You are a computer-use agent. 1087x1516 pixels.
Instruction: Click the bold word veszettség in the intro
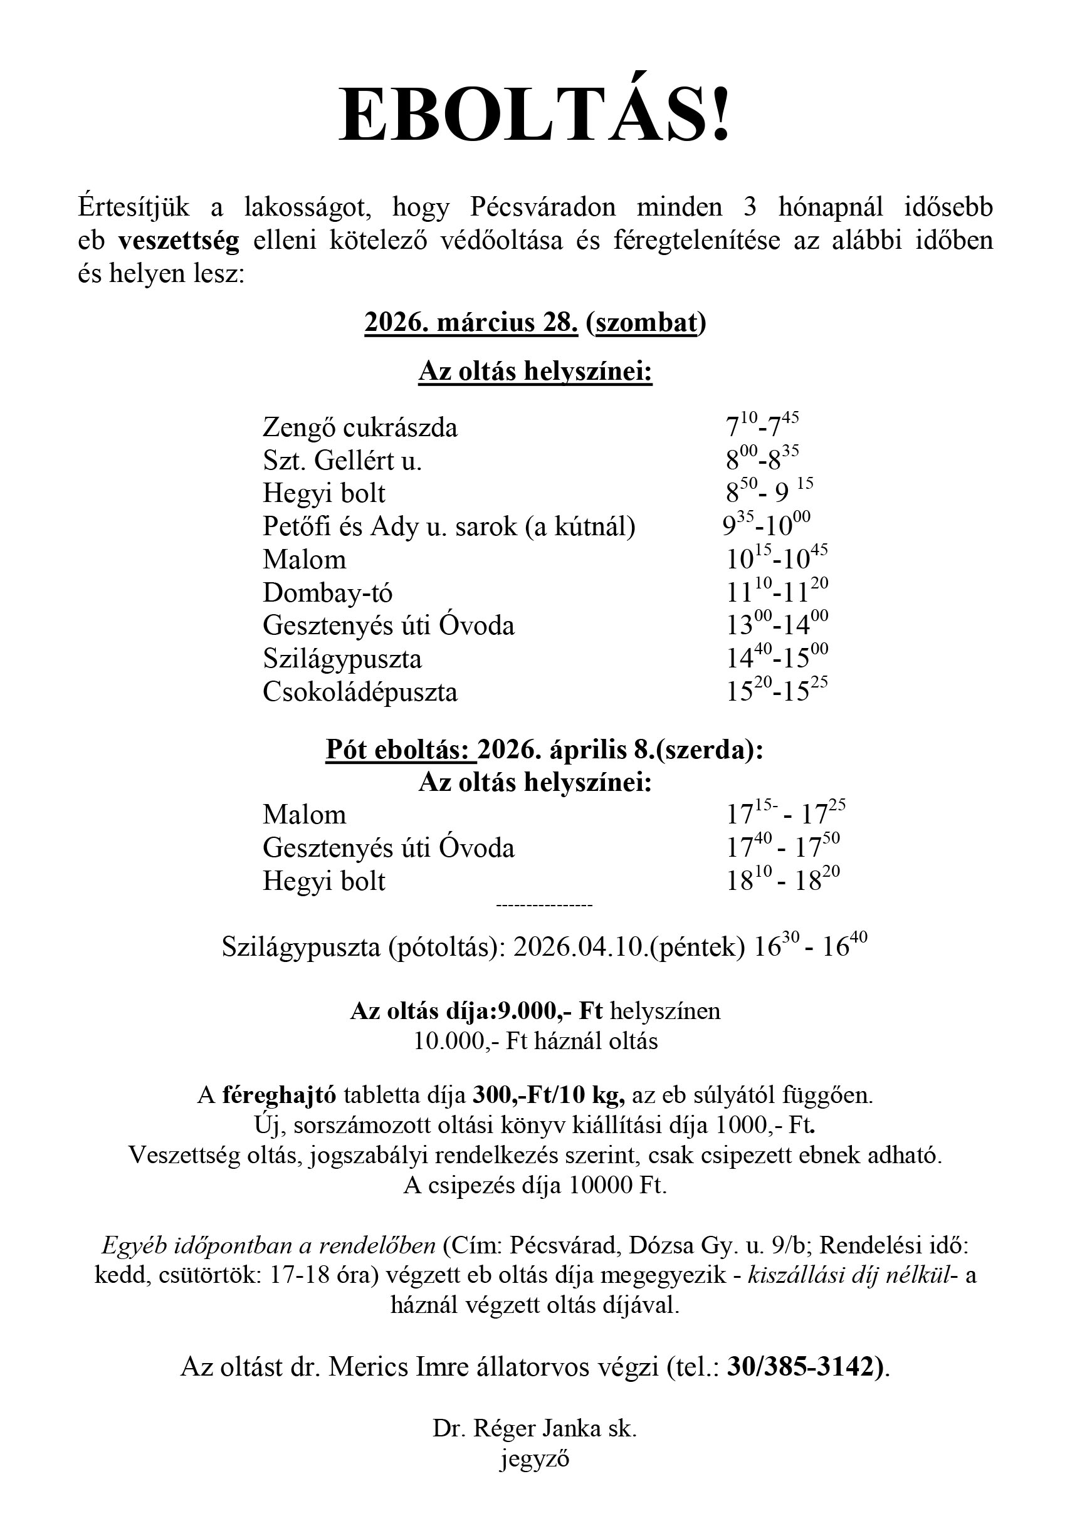pyautogui.click(x=179, y=241)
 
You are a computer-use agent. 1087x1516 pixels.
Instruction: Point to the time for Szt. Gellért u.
pyautogui.click(x=762, y=459)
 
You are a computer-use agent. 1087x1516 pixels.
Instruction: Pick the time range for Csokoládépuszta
pyautogui.click(x=777, y=691)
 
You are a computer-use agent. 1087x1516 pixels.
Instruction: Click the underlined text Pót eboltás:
pyautogui.click(x=400, y=750)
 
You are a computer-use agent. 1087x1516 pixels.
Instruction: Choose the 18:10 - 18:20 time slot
pyautogui.click(x=783, y=881)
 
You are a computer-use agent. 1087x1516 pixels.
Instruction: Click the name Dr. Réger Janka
pyautogui.click(x=515, y=1428)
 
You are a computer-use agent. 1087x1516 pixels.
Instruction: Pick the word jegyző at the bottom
pyautogui.click(x=534, y=1458)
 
